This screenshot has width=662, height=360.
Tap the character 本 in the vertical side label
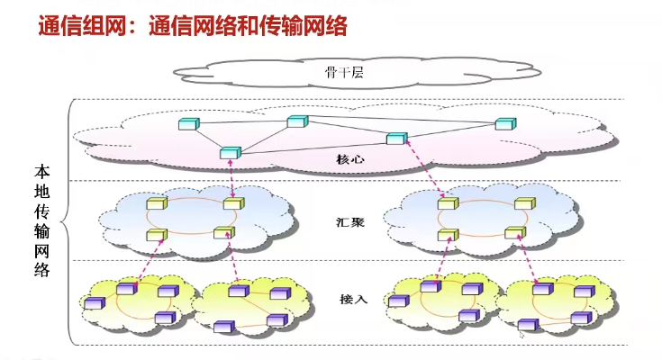pyautogui.click(x=42, y=170)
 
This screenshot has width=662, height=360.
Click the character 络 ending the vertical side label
pyautogui.click(x=42, y=269)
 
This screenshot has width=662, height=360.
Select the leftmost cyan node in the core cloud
pyautogui.click(x=187, y=123)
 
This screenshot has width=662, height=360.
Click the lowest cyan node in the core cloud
pyautogui.click(x=229, y=153)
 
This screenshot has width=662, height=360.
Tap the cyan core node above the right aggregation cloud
pyautogui.click(x=395, y=139)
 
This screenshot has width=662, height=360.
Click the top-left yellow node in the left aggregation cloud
pyautogui.click(x=157, y=204)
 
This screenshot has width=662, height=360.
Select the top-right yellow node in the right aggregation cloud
pyautogui.click(x=523, y=204)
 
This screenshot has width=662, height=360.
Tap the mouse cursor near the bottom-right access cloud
pyautogui.click(x=522, y=335)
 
